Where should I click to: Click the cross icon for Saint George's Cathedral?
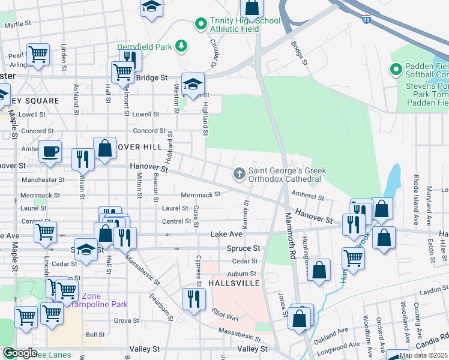click(x=239, y=175)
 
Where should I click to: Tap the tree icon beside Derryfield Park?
click(x=181, y=46)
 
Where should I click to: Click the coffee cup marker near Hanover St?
click(x=50, y=151)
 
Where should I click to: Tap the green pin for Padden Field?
click(x=396, y=70)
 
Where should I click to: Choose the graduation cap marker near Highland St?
click(x=193, y=83)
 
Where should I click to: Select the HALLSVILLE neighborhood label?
click(x=234, y=282)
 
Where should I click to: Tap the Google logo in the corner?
click(x=19, y=353)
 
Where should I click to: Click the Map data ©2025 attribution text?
click(x=423, y=355)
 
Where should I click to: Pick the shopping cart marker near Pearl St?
click(x=38, y=55)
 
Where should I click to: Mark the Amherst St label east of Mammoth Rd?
click(x=307, y=196)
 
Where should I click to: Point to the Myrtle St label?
click(x=17, y=25)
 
